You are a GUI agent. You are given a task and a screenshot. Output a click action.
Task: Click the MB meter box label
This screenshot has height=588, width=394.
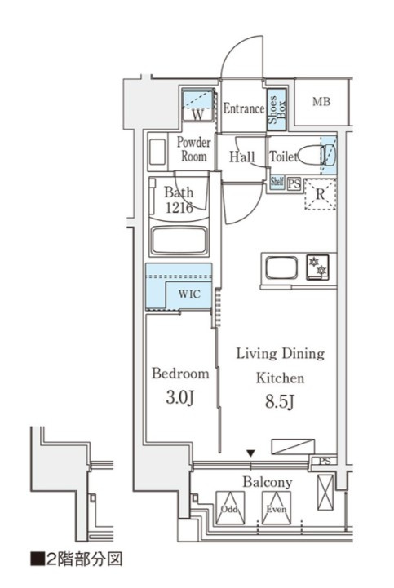[321, 101]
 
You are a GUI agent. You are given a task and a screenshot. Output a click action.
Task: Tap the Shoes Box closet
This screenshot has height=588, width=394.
[277, 109]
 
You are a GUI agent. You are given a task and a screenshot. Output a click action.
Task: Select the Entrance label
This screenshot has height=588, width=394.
[244, 108]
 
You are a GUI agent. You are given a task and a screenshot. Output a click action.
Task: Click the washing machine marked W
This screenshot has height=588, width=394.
[198, 105]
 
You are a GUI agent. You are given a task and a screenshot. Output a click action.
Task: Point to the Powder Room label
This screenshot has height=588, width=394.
[193, 149]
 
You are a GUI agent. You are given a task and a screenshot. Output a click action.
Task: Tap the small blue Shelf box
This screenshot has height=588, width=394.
[277, 182]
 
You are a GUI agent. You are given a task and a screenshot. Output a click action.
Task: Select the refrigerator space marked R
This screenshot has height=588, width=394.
[320, 194]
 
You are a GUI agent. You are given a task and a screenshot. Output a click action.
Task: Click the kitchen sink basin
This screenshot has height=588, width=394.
[281, 267]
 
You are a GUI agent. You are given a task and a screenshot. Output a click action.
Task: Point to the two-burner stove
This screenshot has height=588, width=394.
[317, 267]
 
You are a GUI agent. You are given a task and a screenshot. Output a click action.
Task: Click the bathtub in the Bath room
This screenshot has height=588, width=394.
[179, 241]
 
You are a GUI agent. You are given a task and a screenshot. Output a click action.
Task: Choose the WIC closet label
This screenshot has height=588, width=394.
[188, 294]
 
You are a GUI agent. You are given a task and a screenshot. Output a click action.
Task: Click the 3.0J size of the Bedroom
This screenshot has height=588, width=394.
[179, 397]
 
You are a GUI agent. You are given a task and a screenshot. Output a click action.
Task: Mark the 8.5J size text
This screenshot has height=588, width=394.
[280, 401]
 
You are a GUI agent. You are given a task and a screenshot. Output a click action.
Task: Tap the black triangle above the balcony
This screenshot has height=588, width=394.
[250, 453]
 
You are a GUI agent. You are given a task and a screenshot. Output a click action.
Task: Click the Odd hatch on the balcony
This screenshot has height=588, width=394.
[230, 508]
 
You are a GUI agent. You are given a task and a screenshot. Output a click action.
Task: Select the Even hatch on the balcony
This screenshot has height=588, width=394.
[277, 508]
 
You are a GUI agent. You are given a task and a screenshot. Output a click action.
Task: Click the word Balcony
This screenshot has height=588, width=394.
[268, 482]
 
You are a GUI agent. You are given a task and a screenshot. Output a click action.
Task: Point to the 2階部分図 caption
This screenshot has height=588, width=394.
[77, 559]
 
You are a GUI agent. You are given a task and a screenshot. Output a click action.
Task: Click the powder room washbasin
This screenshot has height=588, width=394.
[157, 152]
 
